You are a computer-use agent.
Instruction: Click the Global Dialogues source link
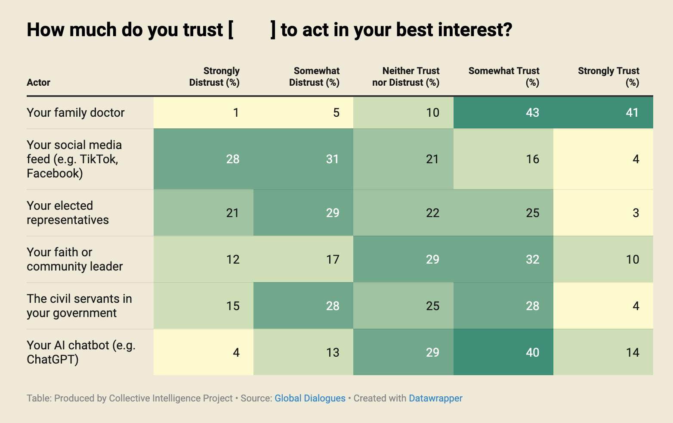click(310, 398)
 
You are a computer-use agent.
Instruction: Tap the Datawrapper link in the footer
click(435, 398)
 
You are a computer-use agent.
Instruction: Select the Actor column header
click(39, 82)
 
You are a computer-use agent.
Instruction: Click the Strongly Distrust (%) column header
click(214, 77)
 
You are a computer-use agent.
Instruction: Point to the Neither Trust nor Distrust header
click(406, 77)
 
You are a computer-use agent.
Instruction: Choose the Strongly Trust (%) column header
click(608, 77)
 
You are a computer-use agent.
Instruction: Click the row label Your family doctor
click(76, 113)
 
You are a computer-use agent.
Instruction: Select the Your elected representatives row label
click(68, 213)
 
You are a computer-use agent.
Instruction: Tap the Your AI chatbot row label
click(81, 352)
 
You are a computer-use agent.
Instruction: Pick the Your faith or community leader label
click(74, 259)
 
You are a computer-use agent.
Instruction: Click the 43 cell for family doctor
click(532, 113)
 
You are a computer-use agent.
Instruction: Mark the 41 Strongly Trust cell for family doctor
click(632, 113)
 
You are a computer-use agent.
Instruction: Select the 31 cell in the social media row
click(333, 159)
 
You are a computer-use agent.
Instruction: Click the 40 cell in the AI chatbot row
click(532, 353)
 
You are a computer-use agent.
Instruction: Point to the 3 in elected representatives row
click(636, 213)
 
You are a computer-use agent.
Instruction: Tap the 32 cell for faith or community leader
click(532, 260)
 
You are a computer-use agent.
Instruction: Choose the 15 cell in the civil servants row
click(233, 306)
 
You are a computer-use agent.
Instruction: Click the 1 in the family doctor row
click(236, 113)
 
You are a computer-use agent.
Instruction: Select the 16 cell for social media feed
click(532, 159)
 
